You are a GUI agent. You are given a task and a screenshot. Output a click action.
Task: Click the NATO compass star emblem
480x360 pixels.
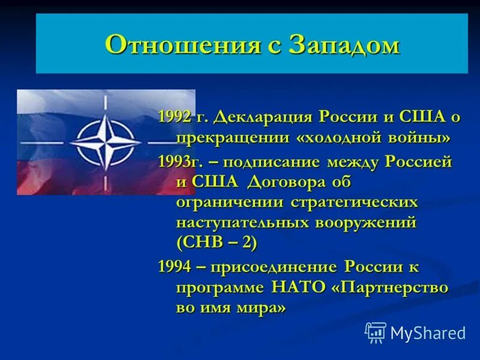[x=105, y=142]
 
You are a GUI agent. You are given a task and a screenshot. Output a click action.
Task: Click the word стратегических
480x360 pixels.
[x=354, y=202]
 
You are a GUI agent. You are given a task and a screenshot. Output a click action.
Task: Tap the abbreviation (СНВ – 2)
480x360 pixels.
[x=217, y=243]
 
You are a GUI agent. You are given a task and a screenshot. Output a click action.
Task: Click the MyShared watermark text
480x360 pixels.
[x=428, y=332]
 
